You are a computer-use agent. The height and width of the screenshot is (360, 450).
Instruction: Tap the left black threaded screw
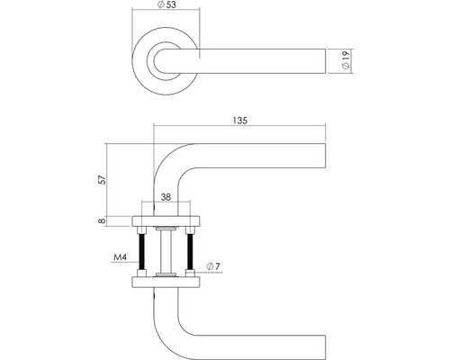pos(142,250)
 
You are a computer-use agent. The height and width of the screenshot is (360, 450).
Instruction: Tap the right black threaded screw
pos(190,250)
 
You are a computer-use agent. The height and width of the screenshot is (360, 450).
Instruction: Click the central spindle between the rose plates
pos(166,250)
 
